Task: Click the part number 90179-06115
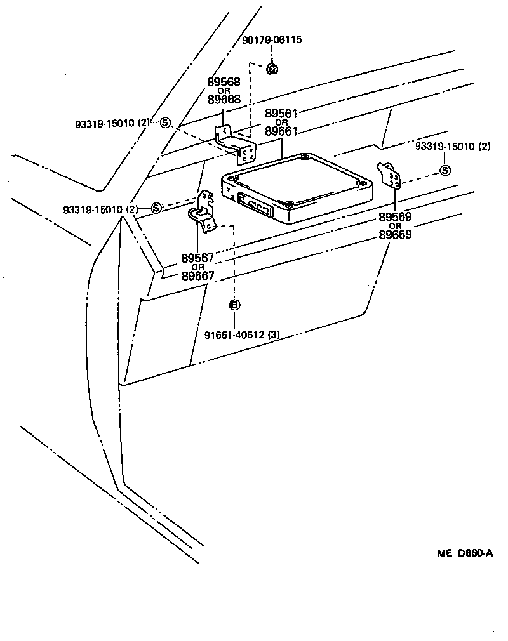pyautogui.click(x=272, y=40)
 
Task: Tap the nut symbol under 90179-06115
pyautogui.click(x=272, y=68)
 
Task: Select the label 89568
pyautogui.click(x=224, y=82)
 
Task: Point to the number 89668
pyautogui.click(x=224, y=100)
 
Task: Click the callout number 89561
pyautogui.click(x=281, y=114)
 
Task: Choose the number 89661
pyautogui.click(x=281, y=131)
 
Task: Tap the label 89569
pyautogui.click(x=395, y=217)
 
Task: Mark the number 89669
pyautogui.click(x=395, y=235)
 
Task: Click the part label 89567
pyautogui.click(x=197, y=258)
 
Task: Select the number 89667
pyautogui.click(x=197, y=276)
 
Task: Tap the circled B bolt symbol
pyautogui.click(x=234, y=305)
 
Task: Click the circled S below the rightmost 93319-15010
pyautogui.click(x=445, y=170)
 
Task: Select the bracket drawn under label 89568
pyautogui.click(x=238, y=145)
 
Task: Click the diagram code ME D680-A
pyautogui.click(x=464, y=553)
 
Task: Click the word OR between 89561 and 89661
pyautogui.click(x=281, y=122)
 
